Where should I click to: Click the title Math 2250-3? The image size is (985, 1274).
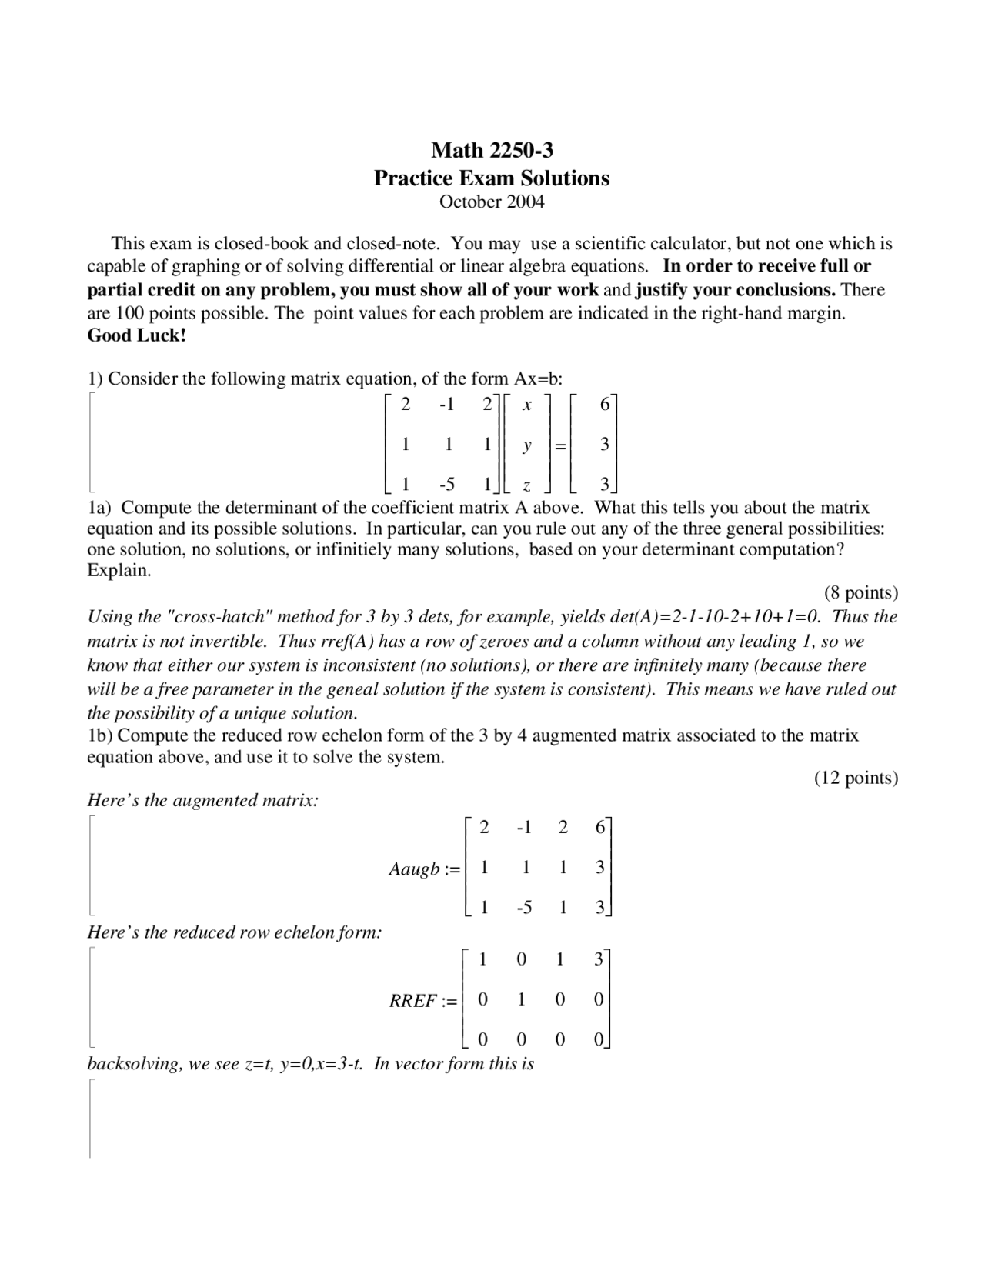(492, 149)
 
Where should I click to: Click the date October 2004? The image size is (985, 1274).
(492, 202)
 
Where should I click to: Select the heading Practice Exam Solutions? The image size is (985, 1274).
(492, 178)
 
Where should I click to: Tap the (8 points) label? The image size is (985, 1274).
(860, 592)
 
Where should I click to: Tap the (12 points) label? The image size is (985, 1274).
(856, 778)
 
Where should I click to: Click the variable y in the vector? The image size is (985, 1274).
(526, 445)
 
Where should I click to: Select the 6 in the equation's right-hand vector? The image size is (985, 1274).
(604, 404)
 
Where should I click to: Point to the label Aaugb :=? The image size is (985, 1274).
(424, 869)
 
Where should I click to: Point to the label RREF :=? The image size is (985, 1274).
(423, 1001)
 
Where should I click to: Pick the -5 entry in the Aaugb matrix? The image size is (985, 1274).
(524, 908)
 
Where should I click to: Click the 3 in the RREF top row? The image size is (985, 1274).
(599, 959)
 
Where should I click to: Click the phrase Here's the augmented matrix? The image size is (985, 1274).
(203, 800)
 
